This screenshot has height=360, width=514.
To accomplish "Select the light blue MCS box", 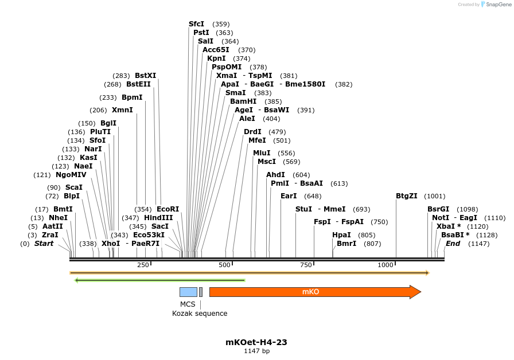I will click(x=188, y=292).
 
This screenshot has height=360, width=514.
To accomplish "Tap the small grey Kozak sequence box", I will click(x=201, y=292).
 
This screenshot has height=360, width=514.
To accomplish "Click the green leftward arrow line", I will click(x=161, y=280).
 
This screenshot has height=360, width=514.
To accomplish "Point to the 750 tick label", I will click(x=306, y=265).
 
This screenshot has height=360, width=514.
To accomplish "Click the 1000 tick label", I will click(x=385, y=265).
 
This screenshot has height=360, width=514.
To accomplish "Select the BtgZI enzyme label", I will click(x=407, y=196).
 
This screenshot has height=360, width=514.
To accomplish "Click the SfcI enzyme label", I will click(x=196, y=24).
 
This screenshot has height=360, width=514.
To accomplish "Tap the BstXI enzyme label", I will click(x=145, y=76).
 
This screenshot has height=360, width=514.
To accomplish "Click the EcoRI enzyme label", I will click(x=168, y=209).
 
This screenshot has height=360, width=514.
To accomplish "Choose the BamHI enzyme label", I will click(x=243, y=101).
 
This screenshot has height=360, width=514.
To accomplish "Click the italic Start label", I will click(x=44, y=244).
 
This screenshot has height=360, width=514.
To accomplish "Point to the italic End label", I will click(x=453, y=244).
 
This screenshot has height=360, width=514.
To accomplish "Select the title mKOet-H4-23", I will click(x=256, y=342).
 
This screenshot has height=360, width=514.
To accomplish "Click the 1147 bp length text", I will click(x=256, y=351).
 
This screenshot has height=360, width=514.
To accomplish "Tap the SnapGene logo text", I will click(x=496, y=5).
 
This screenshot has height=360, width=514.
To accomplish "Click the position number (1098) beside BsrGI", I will click(x=467, y=209).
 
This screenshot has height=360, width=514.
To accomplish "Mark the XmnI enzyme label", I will click(x=122, y=110).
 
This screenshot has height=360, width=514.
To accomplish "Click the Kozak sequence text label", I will click(x=200, y=314).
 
